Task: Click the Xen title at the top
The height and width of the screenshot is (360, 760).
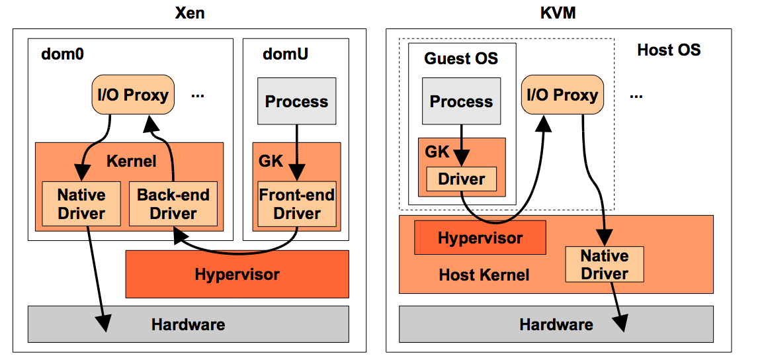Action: pyautogui.click(x=189, y=13)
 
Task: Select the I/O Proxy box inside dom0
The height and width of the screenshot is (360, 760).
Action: pyautogui.click(x=132, y=95)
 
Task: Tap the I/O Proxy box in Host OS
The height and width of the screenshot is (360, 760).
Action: pyautogui.click(x=562, y=95)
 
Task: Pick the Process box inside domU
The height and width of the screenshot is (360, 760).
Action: pyautogui.click(x=296, y=101)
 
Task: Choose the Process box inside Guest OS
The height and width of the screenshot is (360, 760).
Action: pyautogui.click(x=461, y=101)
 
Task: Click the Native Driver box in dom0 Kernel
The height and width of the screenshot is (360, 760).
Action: pyautogui.click(x=81, y=204)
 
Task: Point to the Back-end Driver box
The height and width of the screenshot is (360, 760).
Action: pyautogui.click(x=173, y=204)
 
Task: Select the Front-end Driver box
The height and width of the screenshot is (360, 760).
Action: pyautogui.click(x=297, y=204)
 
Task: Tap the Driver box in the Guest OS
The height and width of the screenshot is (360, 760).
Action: pyautogui.click(x=461, y=179)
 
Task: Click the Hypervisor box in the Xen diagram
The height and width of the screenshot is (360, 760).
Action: pyautogui.click(x=237, y=274)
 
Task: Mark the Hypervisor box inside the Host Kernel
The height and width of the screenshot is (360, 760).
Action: pyautogui.click(x=480, y=238)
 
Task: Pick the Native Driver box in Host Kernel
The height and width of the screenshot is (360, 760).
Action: pyautogui.click(x=604, y=264)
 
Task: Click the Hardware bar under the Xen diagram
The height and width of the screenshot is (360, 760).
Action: pyautogui.click(x=188, y=324)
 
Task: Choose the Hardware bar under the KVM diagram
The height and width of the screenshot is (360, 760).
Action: pyautogui.click(x=556, y=324)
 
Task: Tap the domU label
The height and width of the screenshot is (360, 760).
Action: pyautogui.click(x=285, y=53)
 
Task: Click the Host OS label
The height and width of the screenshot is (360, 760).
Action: pyautogui.click(x=668, y=50)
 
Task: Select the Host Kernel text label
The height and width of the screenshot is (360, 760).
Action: pyautogui.click(x=484, y=274)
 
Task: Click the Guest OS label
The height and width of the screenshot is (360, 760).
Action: pyautogui.click(x=461, y=58)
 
